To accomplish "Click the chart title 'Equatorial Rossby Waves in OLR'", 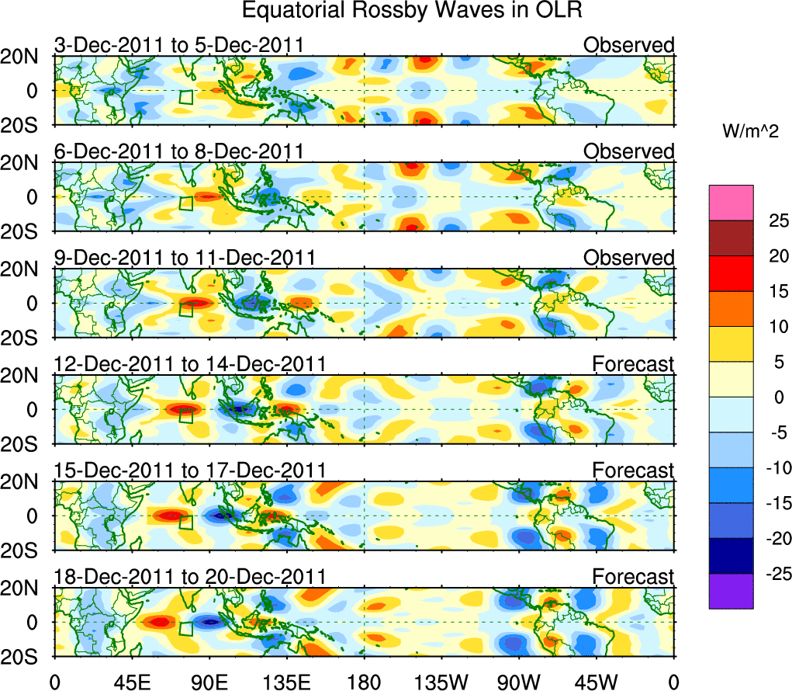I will [x=411, y=11].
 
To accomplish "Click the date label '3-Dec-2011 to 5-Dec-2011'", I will [x=178, y=45].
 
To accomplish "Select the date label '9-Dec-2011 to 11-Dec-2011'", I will [x=184, y=257].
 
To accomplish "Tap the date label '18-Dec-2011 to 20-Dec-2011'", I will [x=189, y=576].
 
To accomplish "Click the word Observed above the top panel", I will [x=628, y=45].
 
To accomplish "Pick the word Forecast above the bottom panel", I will [x=633, y=576].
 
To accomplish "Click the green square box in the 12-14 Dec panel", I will [x=185, y=415].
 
